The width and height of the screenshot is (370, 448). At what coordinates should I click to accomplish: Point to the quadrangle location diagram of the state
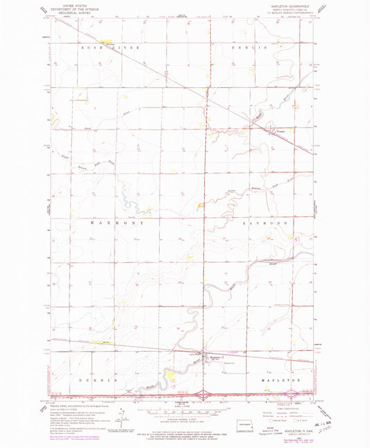pyautogui.click(x=240, y=422)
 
